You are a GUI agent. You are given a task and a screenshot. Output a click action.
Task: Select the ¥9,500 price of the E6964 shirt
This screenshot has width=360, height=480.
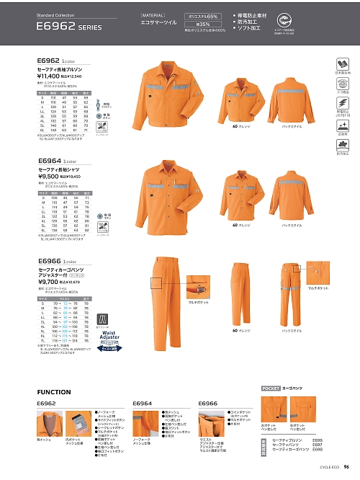pyautogui.click(x=49, y=174)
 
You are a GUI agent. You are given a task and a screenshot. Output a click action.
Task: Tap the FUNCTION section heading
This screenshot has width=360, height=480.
pyautogui.click(x=54, y=392)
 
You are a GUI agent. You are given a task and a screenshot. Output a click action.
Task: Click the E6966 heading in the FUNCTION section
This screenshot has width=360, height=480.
pyautogui.click(x=207, y=404)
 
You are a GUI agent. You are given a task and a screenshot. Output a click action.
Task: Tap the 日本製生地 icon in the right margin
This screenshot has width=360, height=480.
pyautogui.click(x=341, y=66)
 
